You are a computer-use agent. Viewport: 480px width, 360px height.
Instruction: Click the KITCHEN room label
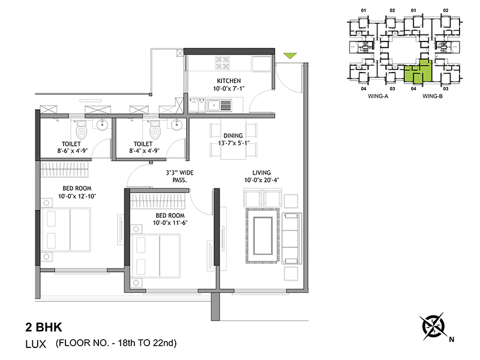pos(229,81)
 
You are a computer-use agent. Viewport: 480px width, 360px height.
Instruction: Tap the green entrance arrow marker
pos(290,55)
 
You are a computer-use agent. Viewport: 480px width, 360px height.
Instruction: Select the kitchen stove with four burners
pos(222,63)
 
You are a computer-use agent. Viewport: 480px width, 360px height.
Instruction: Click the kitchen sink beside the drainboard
pos(214,106)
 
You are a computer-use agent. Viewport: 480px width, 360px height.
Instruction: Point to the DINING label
pos(233,136)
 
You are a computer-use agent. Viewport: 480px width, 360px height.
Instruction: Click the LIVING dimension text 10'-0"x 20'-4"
pos(262,180)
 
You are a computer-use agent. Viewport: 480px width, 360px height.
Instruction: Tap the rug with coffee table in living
pos(263,236)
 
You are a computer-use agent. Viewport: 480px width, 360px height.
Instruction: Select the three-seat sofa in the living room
pos(292,238)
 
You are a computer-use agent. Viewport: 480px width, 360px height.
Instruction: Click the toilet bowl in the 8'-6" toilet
pos(81,130)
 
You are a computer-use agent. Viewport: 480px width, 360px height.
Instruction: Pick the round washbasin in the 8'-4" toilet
pos(176,125)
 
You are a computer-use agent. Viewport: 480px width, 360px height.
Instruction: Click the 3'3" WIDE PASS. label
pos(179,176)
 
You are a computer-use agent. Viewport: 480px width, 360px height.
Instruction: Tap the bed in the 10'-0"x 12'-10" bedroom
pos(66,230)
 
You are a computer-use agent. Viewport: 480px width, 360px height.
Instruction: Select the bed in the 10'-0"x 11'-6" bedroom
pos(155,256)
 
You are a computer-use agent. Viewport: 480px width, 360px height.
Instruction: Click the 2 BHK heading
pos(44,327)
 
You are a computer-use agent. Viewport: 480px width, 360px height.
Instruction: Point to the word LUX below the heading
pos(35,344)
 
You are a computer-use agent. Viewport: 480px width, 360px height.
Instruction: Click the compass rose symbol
pos(433,326)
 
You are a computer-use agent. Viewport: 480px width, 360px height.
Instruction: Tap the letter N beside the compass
pos(452,339)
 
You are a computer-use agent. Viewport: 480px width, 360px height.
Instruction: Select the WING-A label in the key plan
pos(378,96)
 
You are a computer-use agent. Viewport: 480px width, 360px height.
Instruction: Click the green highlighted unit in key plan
pos(418,72)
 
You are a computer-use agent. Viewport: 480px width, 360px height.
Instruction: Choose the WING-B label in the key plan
pos(432,96)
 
